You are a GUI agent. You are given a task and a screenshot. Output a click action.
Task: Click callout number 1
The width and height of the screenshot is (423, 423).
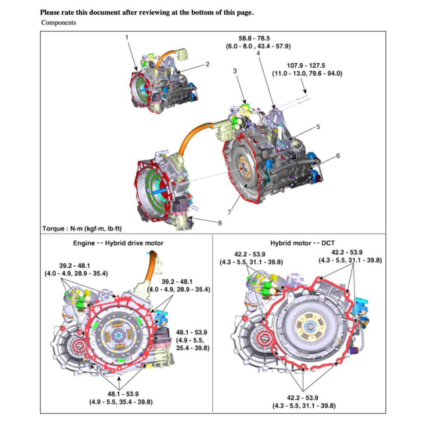pyautogui.click(x=127, y=37)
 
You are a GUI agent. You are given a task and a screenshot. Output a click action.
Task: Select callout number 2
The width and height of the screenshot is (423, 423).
pyautogui.click(x=207, y=64)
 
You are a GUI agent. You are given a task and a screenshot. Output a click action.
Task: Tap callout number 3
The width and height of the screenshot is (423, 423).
pyautogui.click(x=235, y=71)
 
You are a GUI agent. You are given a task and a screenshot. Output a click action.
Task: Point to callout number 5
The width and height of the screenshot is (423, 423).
pyautogui.click(x=318, y=127)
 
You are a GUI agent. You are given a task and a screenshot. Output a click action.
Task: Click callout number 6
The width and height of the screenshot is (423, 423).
pyautogui.click(x=337, y=156)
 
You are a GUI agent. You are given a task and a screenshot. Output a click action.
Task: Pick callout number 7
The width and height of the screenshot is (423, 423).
pyautogui.click(x=229, y=212)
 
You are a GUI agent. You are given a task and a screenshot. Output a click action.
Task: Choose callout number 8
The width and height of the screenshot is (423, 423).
pyautogui.click(x=219, y=223)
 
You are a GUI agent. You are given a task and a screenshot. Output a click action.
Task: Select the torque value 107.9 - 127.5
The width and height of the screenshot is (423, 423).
pyautogui.click(x=306, y=65)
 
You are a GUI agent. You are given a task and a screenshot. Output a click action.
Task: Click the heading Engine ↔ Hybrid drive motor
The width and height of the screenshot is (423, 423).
pyautogui.click(x=118, y=243)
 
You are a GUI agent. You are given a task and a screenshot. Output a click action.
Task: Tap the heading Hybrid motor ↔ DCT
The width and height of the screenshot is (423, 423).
pyautogui.click(x=302, y=243)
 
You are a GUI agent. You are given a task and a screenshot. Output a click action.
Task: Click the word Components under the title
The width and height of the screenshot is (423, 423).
pyautogui.click(x=59, y=23)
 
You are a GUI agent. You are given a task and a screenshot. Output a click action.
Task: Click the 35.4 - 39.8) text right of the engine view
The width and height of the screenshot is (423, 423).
pyautogui.click(x=193, y=348)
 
